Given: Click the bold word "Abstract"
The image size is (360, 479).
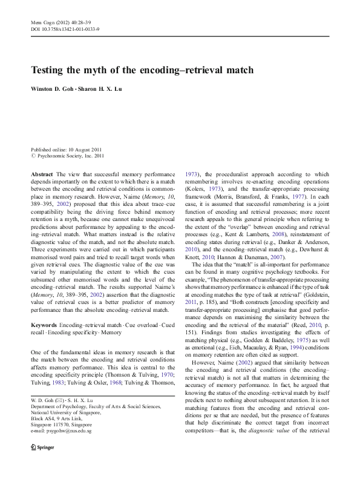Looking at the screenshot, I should (x=42, y=174).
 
